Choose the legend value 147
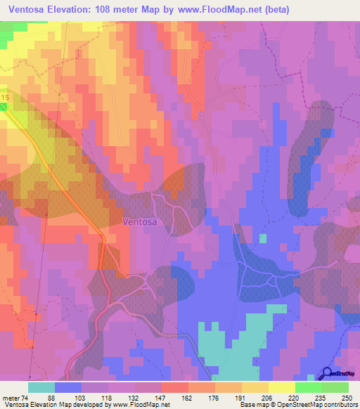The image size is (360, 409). click(161, 397)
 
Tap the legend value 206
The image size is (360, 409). click(268, 397)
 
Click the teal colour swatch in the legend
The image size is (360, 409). click(41, 387)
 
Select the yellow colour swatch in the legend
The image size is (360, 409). click(281, 387)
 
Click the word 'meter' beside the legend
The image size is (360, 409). click(11, 397)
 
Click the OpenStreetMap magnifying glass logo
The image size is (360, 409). click(328, 374)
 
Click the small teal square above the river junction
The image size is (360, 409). click(263, 238)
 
